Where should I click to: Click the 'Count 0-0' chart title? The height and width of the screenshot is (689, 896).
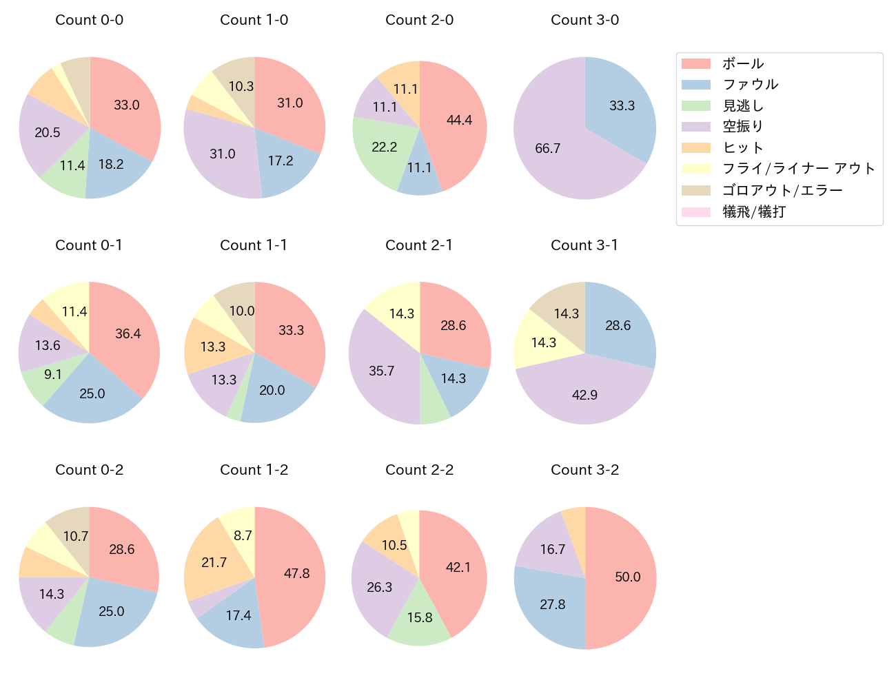(90, 20)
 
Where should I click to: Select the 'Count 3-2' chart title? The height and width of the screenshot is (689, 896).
(584, 470)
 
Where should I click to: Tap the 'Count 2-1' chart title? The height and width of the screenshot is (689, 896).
(419, 245)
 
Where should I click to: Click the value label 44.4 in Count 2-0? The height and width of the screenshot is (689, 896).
(459, 121)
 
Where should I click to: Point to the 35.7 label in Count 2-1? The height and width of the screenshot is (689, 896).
(382, 371)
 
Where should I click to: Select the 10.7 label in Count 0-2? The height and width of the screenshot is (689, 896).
(76, 536)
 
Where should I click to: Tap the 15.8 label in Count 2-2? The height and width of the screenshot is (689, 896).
(420, 617)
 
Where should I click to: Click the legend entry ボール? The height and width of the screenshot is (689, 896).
(743, 64)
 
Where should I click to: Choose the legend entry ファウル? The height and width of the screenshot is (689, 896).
(750, 85)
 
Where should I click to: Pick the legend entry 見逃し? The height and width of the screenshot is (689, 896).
(743, 106)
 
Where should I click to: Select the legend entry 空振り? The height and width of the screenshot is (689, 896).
(743, 127)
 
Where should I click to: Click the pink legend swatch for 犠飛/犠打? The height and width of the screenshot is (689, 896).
(696, 212)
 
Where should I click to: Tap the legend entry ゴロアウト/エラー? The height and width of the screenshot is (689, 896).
(782, 191)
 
